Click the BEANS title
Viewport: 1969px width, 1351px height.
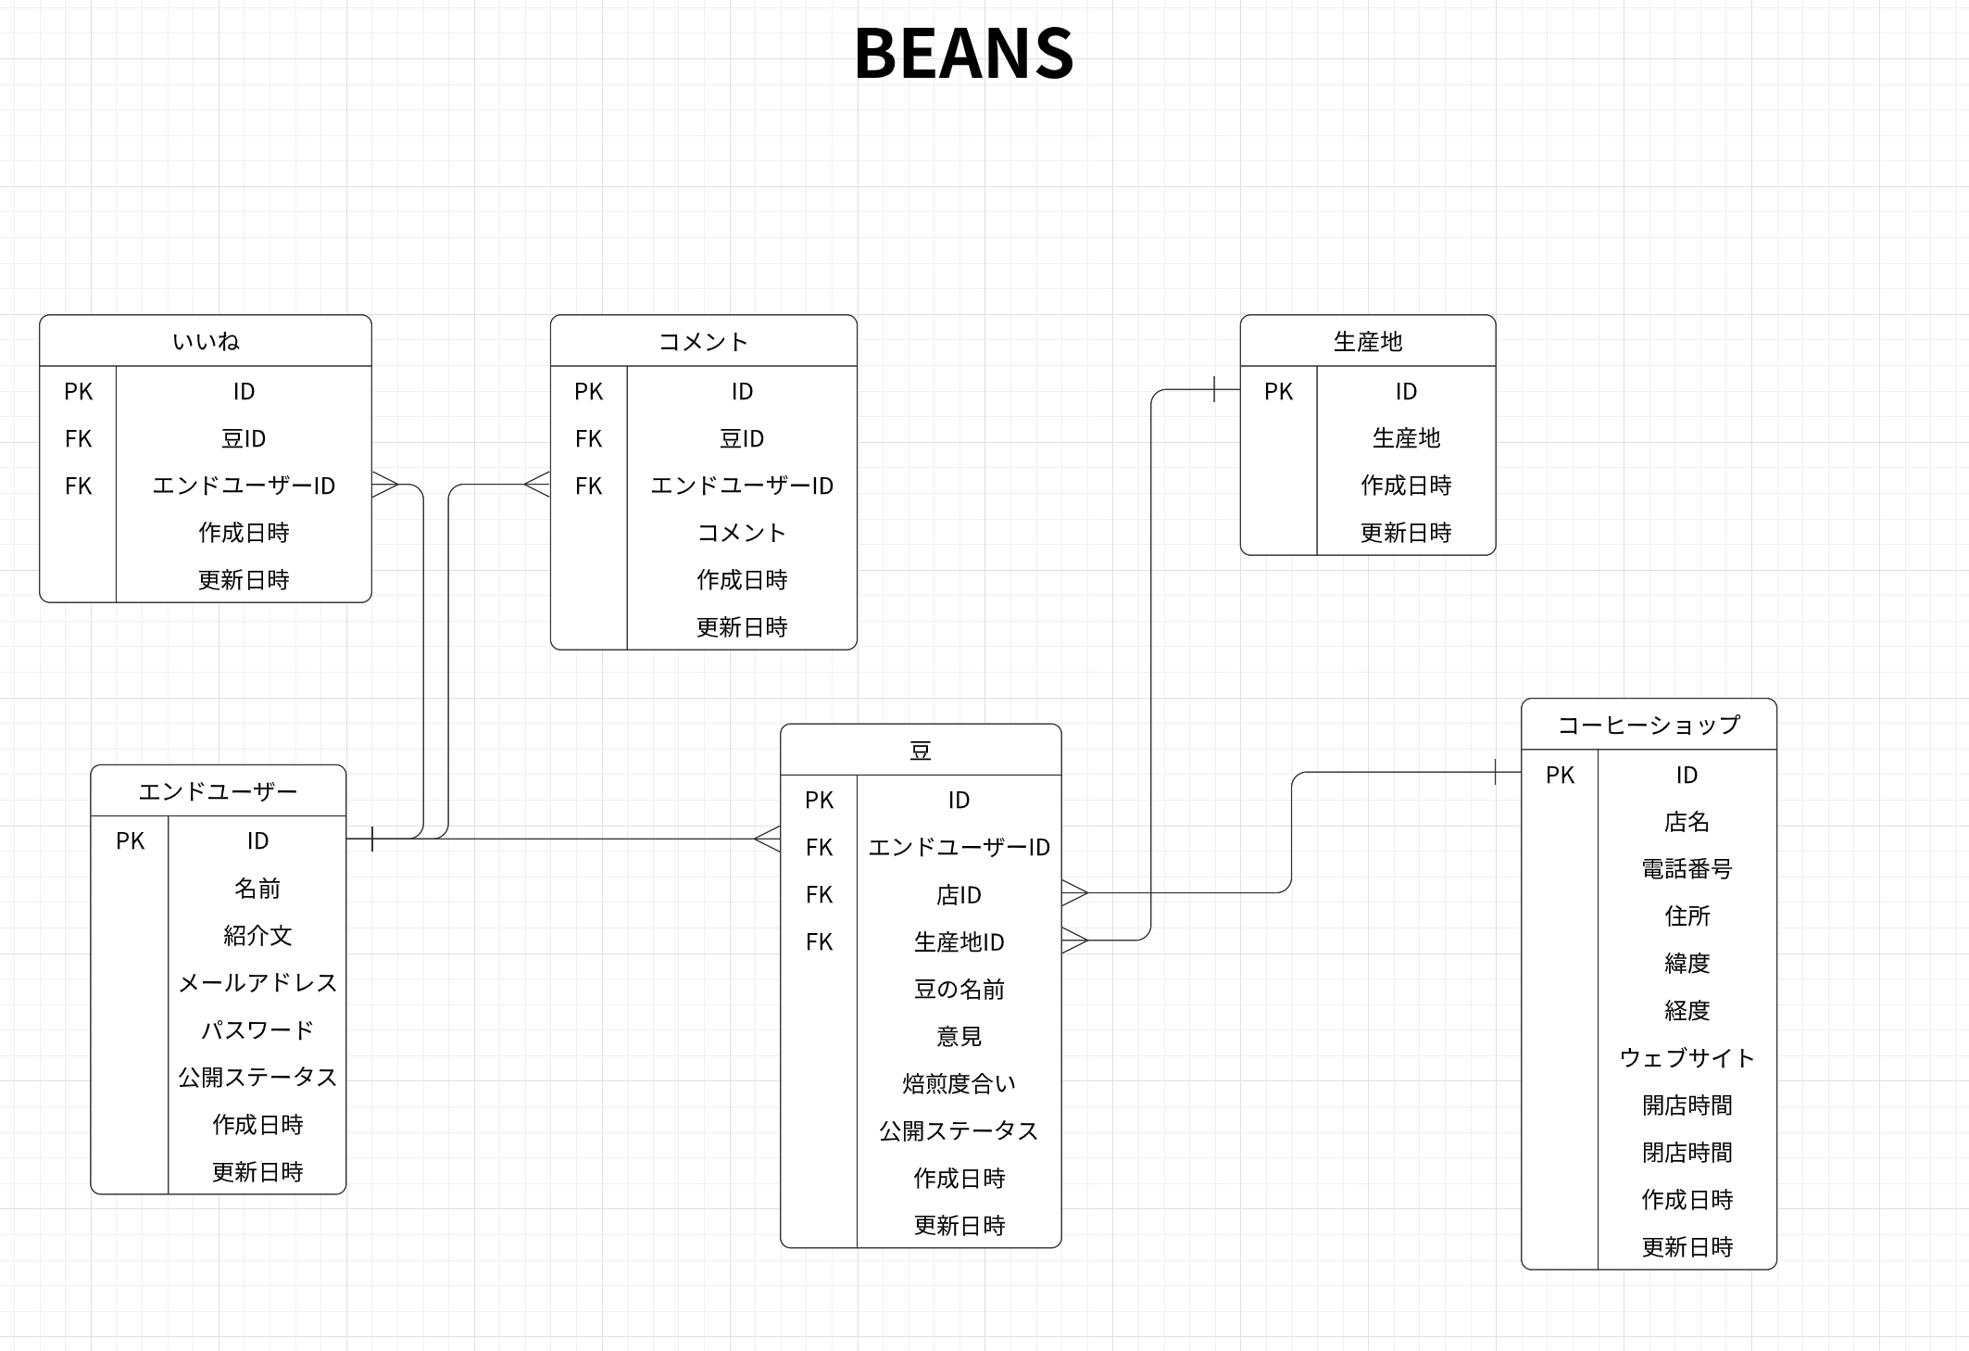tap(963, 53)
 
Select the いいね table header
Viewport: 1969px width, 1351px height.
tap(206, 341)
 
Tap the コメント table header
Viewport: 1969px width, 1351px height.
tap(703, 341)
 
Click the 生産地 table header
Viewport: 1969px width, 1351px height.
tap(1367, 341)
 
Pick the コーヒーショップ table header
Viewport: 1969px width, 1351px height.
tap(1649, 725)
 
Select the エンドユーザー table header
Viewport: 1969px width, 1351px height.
tap(218, 790)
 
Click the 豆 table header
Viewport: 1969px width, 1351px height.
tap(920, 750)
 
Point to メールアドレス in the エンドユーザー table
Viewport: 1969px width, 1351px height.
tap(257, 982)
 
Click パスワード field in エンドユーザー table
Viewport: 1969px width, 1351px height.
tap(257, 1029)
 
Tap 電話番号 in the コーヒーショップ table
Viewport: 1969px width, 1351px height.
tap(1687, 868)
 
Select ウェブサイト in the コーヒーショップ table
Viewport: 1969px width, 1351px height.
tap(1687, 1057)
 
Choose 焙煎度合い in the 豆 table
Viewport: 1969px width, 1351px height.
tap(959, 1082)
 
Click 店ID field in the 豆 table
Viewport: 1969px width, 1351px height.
tap(959, 894)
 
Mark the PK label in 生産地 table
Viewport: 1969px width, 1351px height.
tap(1278, 391)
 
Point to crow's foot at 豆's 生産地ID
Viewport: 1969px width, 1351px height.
tap(1074, 941)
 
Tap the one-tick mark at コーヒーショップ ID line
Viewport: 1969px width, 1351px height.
tap(1495, 772)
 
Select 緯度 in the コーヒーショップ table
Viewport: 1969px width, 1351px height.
tap(1687, 963)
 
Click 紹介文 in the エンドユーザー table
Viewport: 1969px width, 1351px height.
tap(257, 935)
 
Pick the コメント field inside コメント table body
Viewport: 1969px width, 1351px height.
tap(741, 532)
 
